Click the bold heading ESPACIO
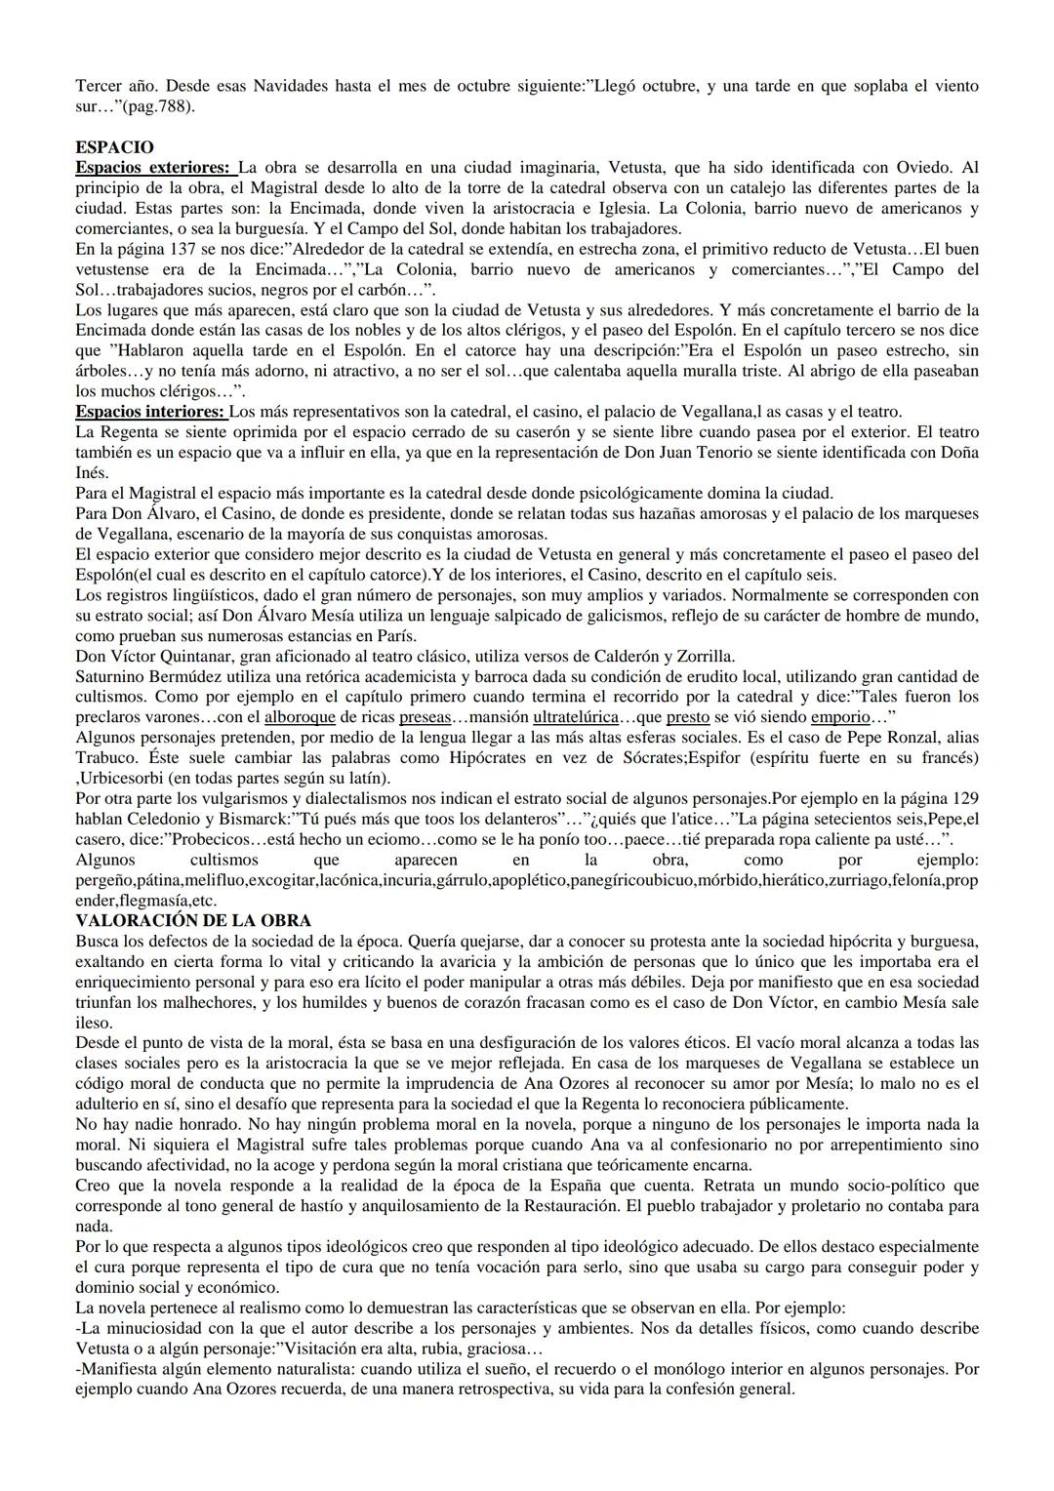click(x=114, y=147)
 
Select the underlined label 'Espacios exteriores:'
click(x=153, y=167)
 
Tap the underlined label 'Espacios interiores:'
click(x=150, y=412)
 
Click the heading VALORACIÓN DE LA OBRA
click(x=193, y=920)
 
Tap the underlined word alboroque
click(x=301, y=717)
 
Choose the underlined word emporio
click(x=839, y=717)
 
